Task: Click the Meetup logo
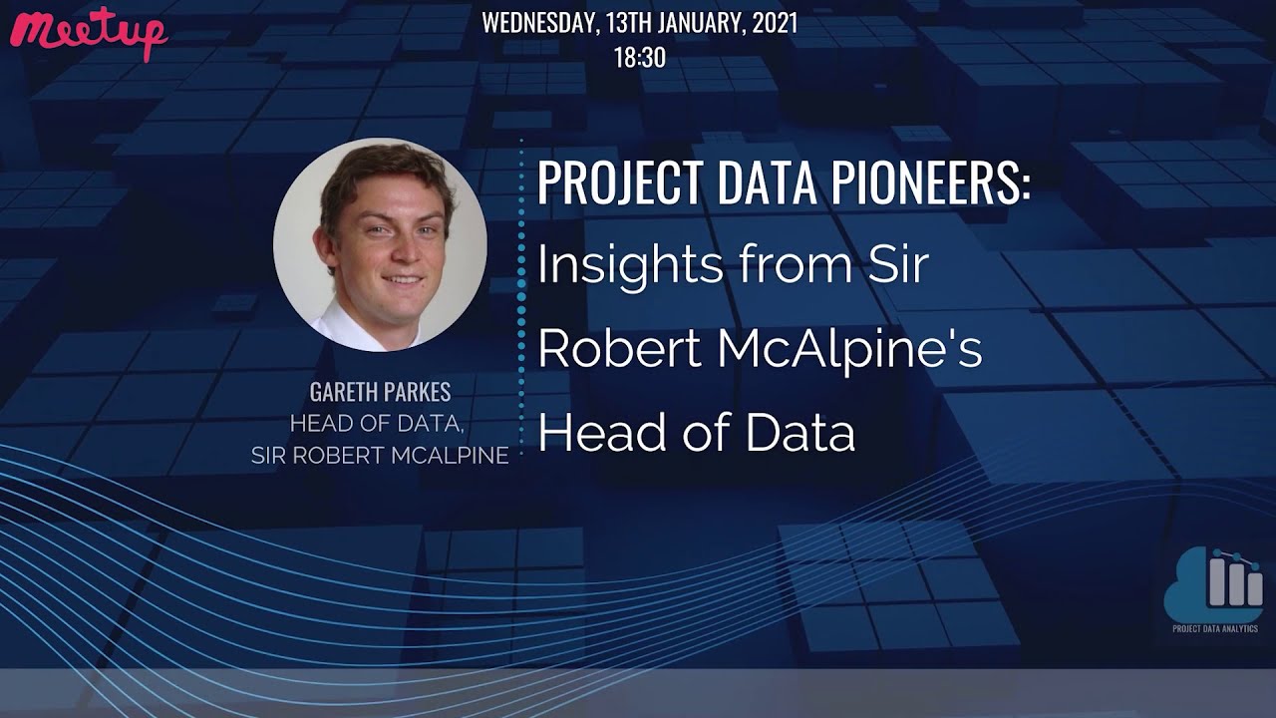pyautogui.click(x=88, y=33)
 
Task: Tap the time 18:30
pyautogui.click(x=639, y=58)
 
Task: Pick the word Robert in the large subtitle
pyautogui.click(x=603, y=350)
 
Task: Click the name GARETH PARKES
pyautogui.click(x=380, y=393)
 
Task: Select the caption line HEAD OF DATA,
pyautogui.click(x=376, y=424)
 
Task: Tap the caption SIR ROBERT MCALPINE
pyautogui.click(x=380, y=456)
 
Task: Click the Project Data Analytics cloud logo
pyautogui.click(x=1213, y=583)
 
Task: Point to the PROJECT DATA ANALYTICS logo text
pyautogui.click(x=1213, y=628)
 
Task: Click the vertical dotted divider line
pyautogui.click(x=520, y=299)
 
